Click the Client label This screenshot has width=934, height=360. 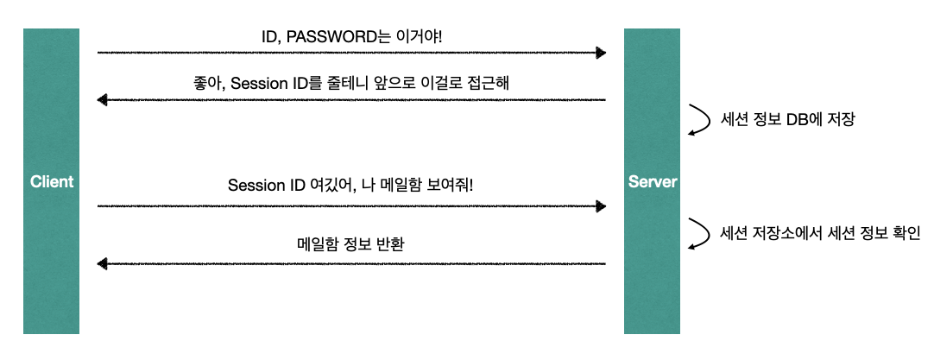pyautogui.click(x=52, y=182)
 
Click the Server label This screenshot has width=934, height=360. pyautogui.click(x=653, y=182)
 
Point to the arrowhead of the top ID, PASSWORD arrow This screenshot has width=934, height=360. pyautogui.click(x=601, y=53)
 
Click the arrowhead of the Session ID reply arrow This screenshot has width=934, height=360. pyautogui.click(x=103, y=100)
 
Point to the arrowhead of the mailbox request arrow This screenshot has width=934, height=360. pyautogui.click(x=601, y=206)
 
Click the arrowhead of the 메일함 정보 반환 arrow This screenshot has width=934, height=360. pyautogui.click(x=103, y=263)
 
